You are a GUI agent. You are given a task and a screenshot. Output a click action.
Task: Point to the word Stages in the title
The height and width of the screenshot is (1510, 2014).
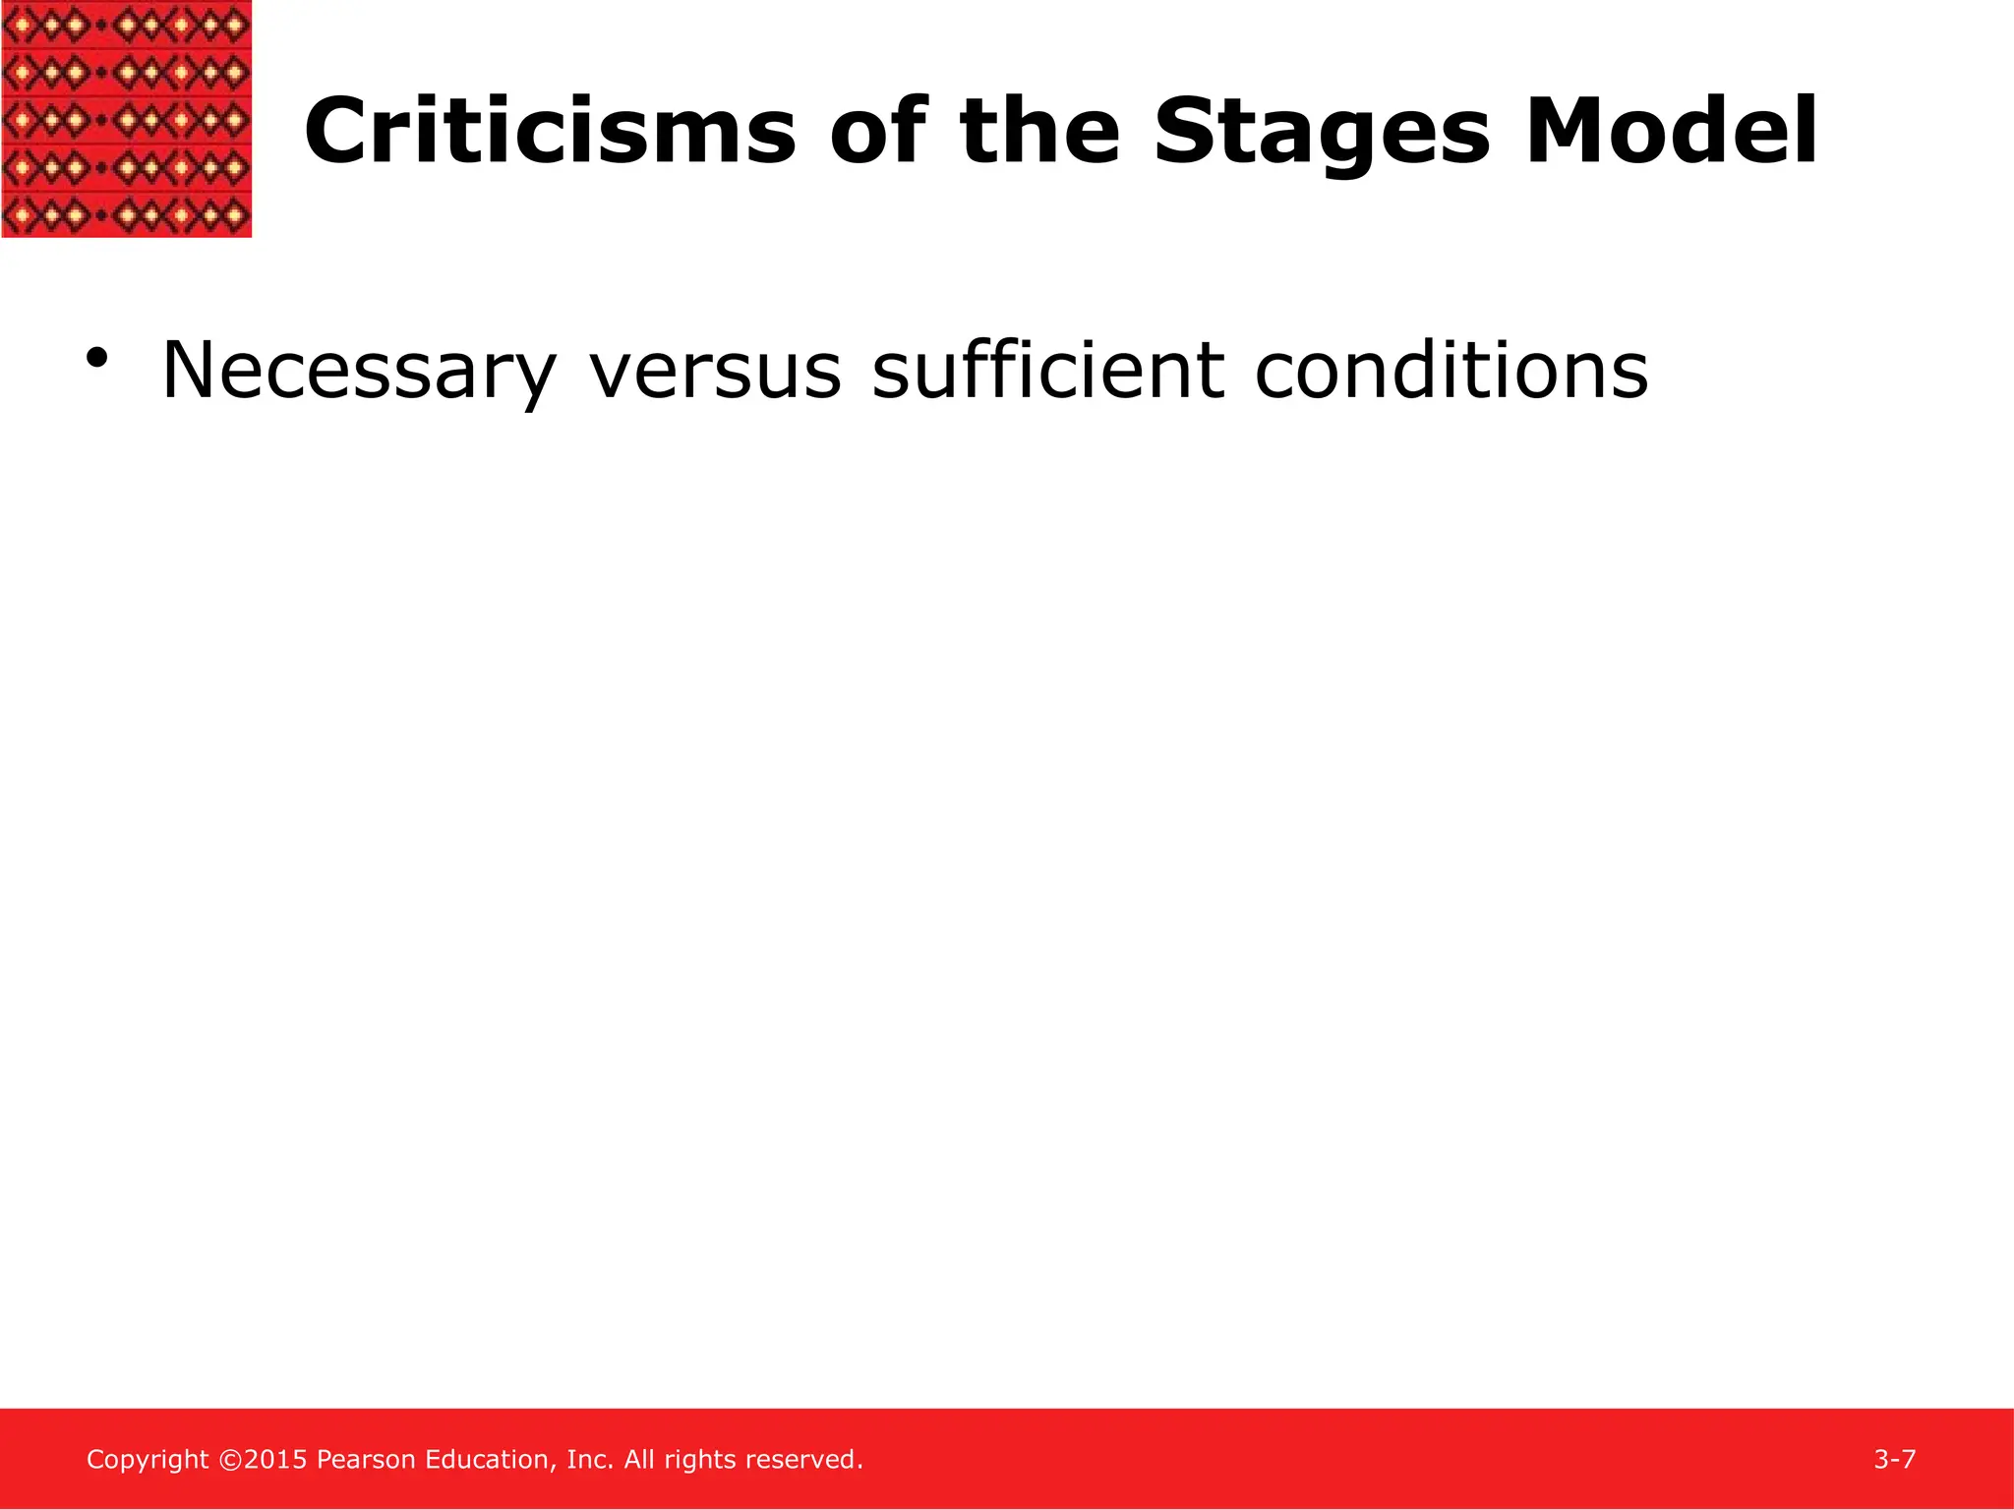1321,134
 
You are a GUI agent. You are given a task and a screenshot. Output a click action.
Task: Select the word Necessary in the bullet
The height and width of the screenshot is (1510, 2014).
358,372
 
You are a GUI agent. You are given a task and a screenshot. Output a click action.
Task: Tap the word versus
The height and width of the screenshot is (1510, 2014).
715,372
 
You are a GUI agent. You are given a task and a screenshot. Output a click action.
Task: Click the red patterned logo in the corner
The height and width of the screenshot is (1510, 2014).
127,118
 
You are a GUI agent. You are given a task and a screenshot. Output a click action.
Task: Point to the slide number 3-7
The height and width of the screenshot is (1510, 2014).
1894,1459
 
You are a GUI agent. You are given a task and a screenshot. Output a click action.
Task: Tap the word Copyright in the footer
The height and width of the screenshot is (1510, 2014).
148,1460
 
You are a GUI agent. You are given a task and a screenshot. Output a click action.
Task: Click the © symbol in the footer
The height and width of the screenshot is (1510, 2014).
229,1460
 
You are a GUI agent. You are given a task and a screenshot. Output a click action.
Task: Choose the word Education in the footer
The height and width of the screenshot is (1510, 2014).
491,1460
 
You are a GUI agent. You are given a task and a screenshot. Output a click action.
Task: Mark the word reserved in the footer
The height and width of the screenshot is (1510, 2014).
813,1460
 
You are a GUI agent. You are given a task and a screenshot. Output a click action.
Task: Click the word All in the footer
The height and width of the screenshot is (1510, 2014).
639,1460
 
